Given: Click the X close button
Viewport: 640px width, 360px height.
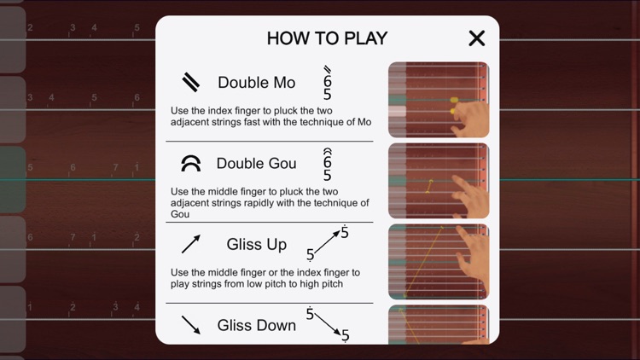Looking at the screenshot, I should tap(476, 38).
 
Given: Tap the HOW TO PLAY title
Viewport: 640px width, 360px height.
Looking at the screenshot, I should tap(327, 38).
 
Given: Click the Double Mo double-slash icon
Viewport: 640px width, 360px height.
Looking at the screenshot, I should tap(191, 82).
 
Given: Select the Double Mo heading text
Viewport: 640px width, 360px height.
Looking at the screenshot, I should tap(256, 83).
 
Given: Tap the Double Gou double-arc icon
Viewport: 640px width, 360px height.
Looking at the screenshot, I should tap(191, 163).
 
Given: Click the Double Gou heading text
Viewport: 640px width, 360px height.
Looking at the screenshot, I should tap(256, 163).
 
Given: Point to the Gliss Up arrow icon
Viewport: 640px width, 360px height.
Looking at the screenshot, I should tap(191, 245).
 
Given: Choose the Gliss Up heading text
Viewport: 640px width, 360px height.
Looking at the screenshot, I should tap(256, 245).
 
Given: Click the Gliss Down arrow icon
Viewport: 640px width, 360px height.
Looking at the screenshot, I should tap(191, 325).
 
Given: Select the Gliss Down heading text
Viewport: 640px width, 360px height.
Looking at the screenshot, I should tap(256, 325).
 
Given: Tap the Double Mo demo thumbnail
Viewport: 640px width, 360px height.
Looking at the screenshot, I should tap(439, 100).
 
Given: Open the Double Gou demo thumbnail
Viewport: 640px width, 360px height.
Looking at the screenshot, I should tap(439, 181).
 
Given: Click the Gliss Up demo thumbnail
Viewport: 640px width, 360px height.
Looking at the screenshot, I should tap(439, 262).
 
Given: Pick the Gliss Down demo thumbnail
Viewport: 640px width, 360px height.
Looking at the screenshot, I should tap(439, 325).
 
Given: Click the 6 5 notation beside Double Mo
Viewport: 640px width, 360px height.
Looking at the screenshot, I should tap(327, 84).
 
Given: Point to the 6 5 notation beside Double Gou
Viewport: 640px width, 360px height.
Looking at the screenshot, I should tap(327, 165).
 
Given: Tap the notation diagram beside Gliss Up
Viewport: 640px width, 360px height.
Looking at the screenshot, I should tap(328, 244).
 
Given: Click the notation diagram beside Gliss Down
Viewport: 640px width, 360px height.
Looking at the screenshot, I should tap(329, 324).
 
